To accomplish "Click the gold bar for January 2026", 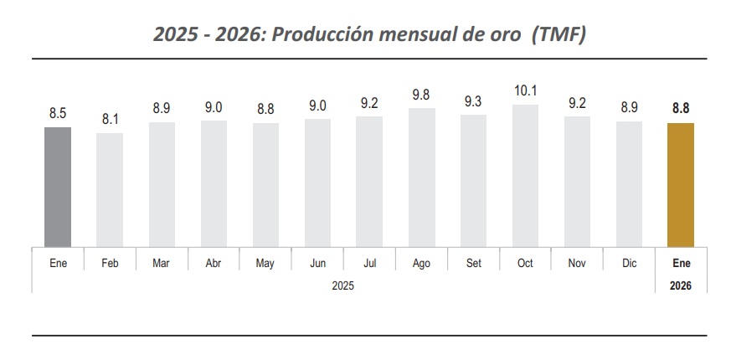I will point(681,185).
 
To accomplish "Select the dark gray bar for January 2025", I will point(58,188).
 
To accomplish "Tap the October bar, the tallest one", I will point(525,176).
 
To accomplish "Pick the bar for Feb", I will point(110,190).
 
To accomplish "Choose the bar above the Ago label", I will point(421,177).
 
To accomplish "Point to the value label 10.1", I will point(525,90).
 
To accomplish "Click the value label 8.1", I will point(110,120).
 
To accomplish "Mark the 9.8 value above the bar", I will point(421,95).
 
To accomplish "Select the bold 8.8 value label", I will point(681,108).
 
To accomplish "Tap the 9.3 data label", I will point(473,101).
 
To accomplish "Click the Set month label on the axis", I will point(473,263).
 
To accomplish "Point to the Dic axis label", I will point(629,263).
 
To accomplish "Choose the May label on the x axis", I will point(265,263).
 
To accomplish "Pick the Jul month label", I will point(369,263).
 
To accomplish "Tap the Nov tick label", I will point(577,263).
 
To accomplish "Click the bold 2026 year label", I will point(681,285).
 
